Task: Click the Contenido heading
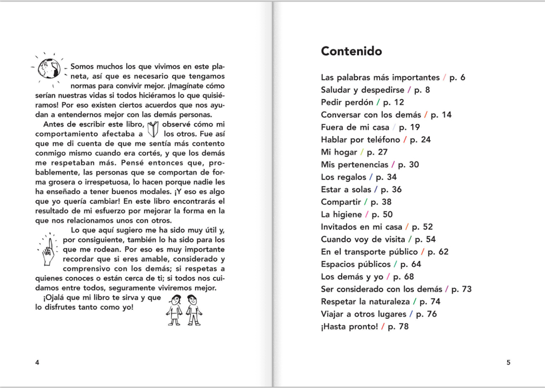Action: (351, 51)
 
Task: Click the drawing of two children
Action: (184, 309)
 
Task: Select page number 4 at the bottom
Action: (37, 362)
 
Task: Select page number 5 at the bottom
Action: (508, 362)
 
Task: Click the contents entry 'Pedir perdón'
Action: (347, 102)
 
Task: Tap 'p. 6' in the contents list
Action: (457, 78)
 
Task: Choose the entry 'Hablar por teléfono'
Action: (360, 140)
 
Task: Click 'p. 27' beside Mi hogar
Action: (377, 152)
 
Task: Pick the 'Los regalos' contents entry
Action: (343, 177)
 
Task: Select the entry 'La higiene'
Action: (341, 214)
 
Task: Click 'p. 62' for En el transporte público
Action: (438, 252)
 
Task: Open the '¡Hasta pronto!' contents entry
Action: (349, 326)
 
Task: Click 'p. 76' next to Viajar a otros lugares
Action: (426, 314)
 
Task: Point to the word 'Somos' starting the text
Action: (82, 67)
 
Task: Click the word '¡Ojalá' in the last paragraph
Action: (54, 298)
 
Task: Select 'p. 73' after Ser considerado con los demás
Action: (461, 289)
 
